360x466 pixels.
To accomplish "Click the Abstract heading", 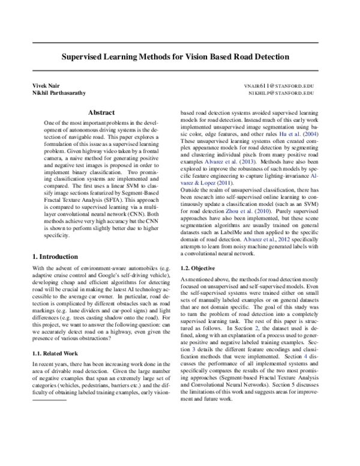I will [x=101, y=112].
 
